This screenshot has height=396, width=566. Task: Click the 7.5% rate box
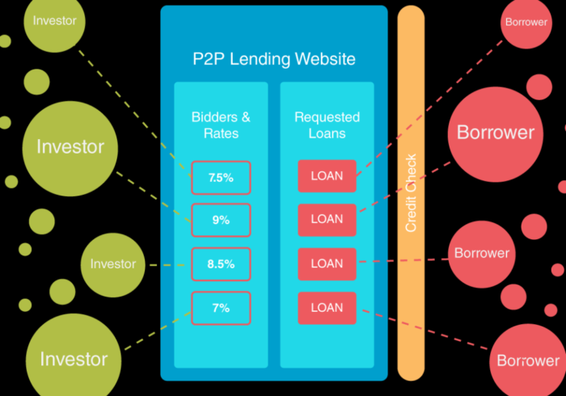click(221, 177)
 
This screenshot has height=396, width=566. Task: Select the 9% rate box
click(221, 219)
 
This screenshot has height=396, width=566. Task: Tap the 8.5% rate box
click(221, 263)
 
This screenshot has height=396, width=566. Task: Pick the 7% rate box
click(221, 308)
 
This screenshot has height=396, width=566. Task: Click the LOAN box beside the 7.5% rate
click(327, 176)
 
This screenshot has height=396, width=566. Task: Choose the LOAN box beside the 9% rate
click(327, 219)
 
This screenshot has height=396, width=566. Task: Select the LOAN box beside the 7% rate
click(327, 308)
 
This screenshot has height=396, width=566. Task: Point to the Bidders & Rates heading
click(221, 125)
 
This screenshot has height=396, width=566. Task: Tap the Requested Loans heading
click(327, 125)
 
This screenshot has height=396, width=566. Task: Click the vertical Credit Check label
click(411, 193)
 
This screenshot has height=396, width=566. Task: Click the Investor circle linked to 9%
click(70, 147)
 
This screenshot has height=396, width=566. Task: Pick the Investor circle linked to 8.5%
click(112, 264)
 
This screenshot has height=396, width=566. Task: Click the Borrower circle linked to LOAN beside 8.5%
click(481, 253)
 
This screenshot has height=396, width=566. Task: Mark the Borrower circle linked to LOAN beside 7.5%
click(526, 23)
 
